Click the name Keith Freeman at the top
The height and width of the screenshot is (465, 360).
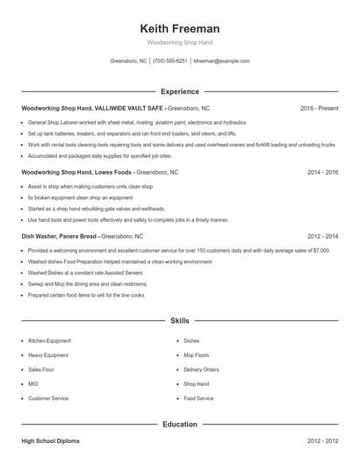(x=179, y=29)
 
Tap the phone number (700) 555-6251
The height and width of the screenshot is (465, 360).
(x=170, y=61)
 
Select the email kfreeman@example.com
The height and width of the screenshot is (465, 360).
(x=221, y=61)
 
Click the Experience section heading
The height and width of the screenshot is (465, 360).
(x=180, y=91)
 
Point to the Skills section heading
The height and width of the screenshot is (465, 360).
(x=180, y=321)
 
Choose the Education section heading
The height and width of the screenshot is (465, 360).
(x=180, y=425)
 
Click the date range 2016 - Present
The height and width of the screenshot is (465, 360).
(x=319, y=108)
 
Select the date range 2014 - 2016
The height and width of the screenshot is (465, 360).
(x=322, y=173)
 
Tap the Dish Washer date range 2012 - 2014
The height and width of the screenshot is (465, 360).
(x=322, y=237)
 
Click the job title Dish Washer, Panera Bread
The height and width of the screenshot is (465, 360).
(x=59, y=237)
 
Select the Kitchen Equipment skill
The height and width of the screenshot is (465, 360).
(x=49, y=340)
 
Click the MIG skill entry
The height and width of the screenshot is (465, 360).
(x=33, y=384)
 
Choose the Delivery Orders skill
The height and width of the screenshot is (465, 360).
(x=202, y=369)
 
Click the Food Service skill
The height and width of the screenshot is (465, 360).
(x=198, y=398)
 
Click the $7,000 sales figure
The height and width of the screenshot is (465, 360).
(x=320, y=251)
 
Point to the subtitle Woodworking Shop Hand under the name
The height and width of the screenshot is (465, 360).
(x=179, y=42)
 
